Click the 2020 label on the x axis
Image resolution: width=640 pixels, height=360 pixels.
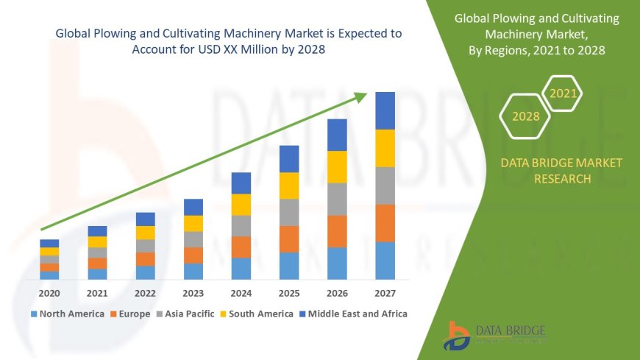(x=49, y=292)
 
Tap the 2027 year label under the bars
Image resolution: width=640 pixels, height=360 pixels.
(x=385, y=292)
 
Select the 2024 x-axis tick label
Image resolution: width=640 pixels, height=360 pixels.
(x=241, y=292)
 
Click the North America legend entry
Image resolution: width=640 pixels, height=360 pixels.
(x=68, y=314)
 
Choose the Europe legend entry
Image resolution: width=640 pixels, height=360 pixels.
(x=130, y=314)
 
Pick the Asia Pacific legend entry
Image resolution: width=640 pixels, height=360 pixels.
(x=184, y=314)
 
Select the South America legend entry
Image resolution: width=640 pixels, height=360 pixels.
(x=256, y=314)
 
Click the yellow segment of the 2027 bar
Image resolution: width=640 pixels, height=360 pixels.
(x=385, y=148)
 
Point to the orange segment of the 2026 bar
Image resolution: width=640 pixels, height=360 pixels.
(x=337, y=231)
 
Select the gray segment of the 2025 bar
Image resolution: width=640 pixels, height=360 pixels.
(x=289, y=212)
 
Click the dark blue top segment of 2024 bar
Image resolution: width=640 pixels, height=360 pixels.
(x=241, y=183)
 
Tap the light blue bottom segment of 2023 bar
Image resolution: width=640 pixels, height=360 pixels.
(x=193, y=271)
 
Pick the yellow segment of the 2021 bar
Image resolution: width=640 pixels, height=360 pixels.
(x=97, y=241)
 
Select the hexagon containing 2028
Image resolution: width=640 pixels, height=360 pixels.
(x=525, y=116)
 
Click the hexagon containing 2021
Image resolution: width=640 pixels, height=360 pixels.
(x=563, y=93)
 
